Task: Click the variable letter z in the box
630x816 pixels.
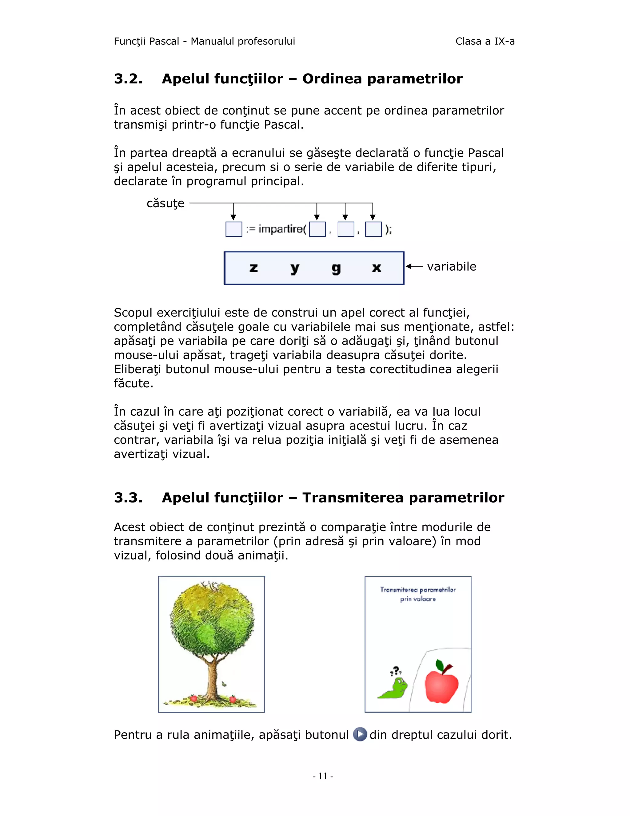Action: click(x=253, y=268)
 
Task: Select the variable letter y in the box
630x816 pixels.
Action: click(x=295, y=268)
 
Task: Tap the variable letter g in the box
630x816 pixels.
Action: click(x=336, y=268)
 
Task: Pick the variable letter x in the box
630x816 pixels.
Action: click(x=376, y=268)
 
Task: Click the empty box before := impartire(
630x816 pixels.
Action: click(x=234, y=229)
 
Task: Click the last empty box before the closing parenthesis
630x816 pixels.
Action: click(x=373, y=229)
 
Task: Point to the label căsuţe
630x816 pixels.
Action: click(x=165, y=204)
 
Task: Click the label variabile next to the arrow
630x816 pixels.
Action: click(x=451, y=266)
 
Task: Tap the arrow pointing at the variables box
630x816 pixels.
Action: click(x=414, y=266)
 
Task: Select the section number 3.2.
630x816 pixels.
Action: click(x=128, y=79)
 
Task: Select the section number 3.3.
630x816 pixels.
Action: click(x=128, y=498)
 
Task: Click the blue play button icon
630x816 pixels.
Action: click(x=360, y=734)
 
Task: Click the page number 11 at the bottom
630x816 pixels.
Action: click(x=323, y=776)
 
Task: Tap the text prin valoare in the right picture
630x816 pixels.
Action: click(x=418, y=599)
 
